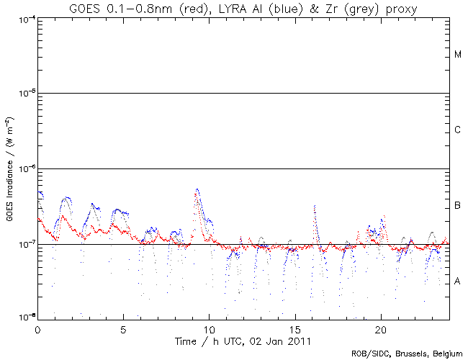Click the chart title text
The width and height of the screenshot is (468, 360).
pos(243,8)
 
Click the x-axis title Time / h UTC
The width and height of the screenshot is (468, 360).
pos(243,339)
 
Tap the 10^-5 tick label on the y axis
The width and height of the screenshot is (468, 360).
pos(27,93)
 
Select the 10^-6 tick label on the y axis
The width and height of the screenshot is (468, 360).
pos(27,168)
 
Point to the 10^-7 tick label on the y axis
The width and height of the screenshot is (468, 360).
pos(27,244)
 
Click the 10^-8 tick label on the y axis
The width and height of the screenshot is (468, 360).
pos(27,317)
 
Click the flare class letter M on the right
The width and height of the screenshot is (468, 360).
pos(457,55)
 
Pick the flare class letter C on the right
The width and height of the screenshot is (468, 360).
pos(457,130)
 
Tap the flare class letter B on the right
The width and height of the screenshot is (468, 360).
pos(457,207)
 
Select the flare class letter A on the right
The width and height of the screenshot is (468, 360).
pos(457,281)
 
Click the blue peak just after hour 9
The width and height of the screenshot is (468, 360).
pos(197,190)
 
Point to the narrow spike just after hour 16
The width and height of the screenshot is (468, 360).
pos(315,207)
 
